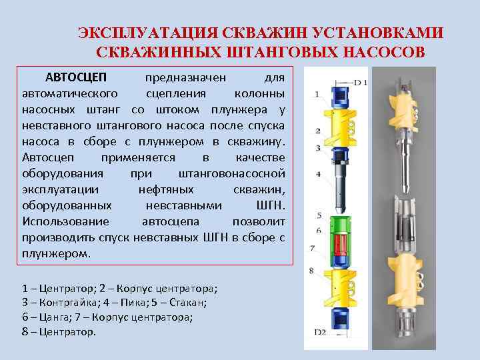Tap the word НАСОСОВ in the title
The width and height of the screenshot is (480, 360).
(x=384, y=52)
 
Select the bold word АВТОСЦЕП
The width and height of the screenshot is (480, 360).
(x=76, y=77)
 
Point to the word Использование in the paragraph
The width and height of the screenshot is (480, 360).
(x=66, y=221)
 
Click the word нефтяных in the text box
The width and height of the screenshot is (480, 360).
(x=166, y=190)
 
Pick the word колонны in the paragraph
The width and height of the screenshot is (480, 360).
(x=259, y=94)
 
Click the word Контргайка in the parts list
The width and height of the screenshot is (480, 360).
(x=68, y=303)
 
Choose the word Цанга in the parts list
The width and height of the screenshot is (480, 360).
(x=54, y=317)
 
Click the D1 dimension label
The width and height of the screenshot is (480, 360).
(x=360, y=83)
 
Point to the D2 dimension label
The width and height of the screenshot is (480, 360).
(x=320, y=332)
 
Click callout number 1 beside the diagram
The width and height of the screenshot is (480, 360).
(x=317, y=94)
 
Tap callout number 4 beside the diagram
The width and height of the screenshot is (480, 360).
(x=318, y=174)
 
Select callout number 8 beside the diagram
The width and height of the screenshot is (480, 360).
(x=311, y=271)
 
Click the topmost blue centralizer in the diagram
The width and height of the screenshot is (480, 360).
(x=340, y=97)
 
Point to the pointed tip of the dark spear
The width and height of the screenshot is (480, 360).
(x=340, y=213)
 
